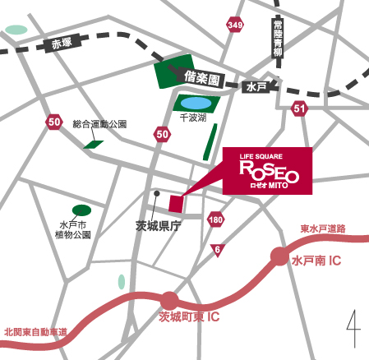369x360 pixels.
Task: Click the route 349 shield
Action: click(236, 27)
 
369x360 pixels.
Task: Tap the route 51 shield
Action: click(299, 108)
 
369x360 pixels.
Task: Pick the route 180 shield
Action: click(215, 219)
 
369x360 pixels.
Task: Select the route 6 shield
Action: click(217, 249)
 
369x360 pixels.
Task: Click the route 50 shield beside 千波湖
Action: click(162, 133)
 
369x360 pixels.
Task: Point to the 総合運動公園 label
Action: click(100, 125)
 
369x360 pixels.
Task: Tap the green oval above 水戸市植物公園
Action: click(81, 210)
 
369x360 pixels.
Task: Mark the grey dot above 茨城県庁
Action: click(155, 193)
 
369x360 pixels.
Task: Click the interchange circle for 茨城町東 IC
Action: click(170, 301)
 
